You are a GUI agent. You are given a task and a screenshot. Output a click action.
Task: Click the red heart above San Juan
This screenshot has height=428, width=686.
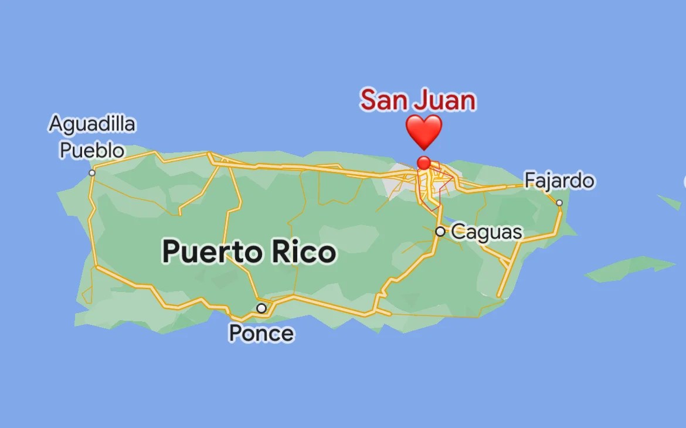coord(423,131)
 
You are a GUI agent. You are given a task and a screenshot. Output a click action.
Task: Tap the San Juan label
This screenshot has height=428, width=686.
coord(417,100)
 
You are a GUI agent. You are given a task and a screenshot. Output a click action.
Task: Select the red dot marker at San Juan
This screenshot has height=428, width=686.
coord(423,162)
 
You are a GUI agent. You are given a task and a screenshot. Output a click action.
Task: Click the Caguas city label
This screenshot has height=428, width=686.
coord(486,232)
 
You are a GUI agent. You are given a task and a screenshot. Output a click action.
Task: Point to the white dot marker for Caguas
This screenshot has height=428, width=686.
coord(440,232)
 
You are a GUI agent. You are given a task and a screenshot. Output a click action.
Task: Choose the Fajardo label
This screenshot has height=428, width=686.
coord(559,181)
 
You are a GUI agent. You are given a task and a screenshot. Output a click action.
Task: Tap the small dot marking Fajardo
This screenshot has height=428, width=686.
coord(559,203)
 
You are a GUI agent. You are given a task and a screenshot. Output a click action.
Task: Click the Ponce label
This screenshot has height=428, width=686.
coord(261,333)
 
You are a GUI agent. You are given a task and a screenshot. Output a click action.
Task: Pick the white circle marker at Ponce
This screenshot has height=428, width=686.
coord(262,308)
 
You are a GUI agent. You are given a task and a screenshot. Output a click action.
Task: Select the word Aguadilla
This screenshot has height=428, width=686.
coord(92,124)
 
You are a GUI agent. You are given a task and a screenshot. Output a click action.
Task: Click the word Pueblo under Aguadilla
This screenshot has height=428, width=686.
coord(92,150)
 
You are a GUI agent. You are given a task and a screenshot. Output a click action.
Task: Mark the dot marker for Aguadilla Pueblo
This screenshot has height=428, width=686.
coord(92,173)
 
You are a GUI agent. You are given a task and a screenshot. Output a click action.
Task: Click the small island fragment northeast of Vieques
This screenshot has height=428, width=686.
coord(669,202)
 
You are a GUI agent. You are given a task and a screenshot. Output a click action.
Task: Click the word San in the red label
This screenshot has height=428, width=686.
coord(383,100)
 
